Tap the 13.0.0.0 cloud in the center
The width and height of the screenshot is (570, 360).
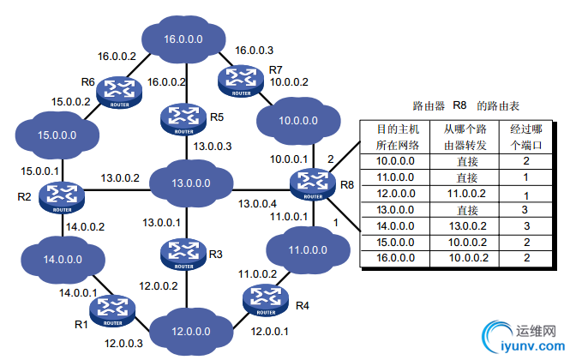[x=190, y=183]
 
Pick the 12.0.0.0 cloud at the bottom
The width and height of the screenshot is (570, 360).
[x=190, y=331]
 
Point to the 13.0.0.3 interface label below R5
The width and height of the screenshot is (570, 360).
[x=211, y=146]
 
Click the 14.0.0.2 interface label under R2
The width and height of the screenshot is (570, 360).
[x=85, y=228]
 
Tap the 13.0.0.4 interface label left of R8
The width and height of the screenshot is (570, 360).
[x=258, y=204]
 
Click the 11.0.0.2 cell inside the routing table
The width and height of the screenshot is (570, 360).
[x=466, y=195]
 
